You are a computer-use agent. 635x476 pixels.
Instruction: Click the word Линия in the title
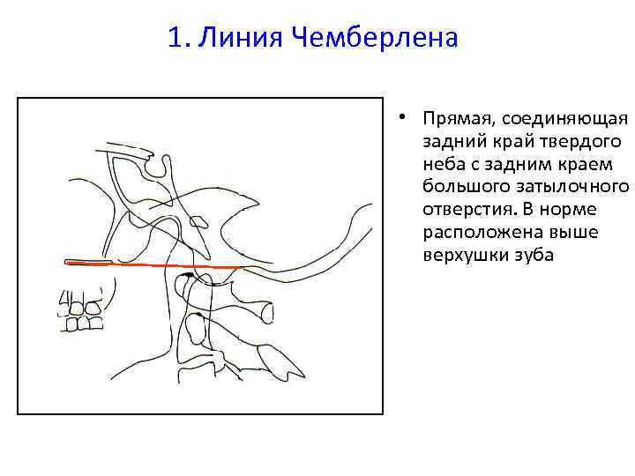click(228, 39)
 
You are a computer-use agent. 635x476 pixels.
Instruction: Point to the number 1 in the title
click(175, 39)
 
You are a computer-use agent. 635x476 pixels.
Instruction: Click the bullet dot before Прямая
click(400, 117)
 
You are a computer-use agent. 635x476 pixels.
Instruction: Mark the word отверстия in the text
click(462, 210)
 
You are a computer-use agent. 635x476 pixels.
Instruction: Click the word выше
click(555, 233)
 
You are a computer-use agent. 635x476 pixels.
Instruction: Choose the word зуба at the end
click(529, 256)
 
